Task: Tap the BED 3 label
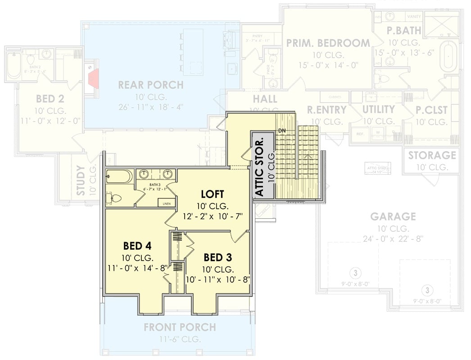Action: [x=218, y=257]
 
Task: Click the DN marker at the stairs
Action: [x=282, y=130]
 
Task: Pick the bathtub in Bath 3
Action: [x=119, y=176]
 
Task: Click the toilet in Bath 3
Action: [x=113, y=198]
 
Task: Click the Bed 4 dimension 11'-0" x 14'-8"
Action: [x=137, y=269]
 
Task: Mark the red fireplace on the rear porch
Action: [x=93, y=77]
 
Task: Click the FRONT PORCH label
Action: [x=180, y=327]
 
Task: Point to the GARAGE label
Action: [x=393, y=217]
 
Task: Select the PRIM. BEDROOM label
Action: [x=328, y=43]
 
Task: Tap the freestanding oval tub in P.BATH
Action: [x=448, y=56]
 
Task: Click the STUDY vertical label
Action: [x=80, y=180]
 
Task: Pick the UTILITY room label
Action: [x=378, y=109]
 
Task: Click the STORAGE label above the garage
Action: [x=432, y=155]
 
